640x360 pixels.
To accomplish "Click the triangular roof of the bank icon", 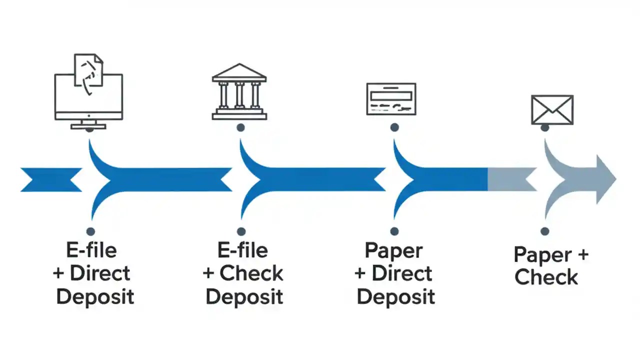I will [x=239, y=73].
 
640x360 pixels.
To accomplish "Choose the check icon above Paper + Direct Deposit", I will [x=391, y=99].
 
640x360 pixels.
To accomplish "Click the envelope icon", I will [x=552, y=110].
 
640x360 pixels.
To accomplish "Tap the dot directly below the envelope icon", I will [x=545, y=128].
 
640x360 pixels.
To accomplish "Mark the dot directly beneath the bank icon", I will [x=240, y=128].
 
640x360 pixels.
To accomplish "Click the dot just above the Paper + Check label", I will [x=545, y=231].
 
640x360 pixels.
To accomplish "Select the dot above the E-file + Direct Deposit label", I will [x=90, y=231].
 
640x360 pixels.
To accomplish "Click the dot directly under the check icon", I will [x=394, y=128].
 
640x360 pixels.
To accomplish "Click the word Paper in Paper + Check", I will [x=542, y=255].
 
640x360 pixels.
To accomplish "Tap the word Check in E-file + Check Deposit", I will [x=251, y=273].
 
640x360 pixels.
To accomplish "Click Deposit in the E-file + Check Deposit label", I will [x=244, y=296].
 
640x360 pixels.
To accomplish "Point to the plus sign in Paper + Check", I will [x=582, y=255].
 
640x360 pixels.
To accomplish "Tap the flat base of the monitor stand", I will [x=88, y=126].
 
